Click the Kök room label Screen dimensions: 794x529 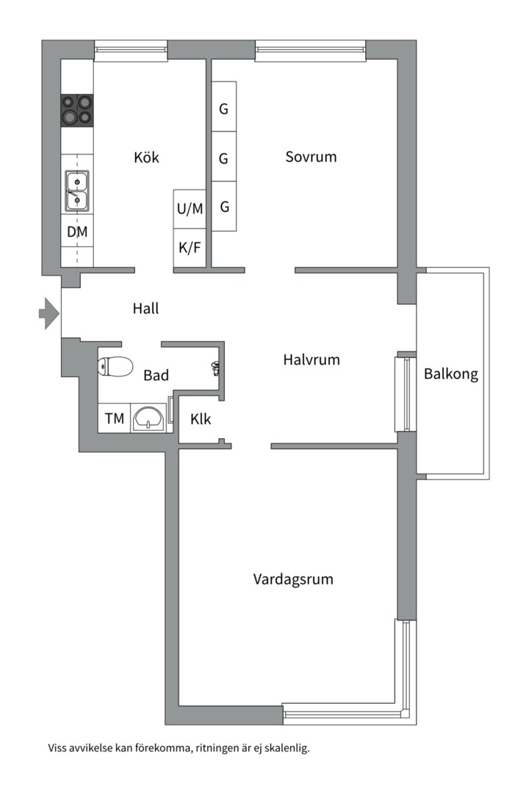click(x=146, y=157)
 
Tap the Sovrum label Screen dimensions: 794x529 click(x=311, y=157)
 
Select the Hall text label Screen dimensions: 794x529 click(x=145, y=309)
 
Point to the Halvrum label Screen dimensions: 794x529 click(x=311, y=360)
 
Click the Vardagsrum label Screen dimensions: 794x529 click(x=293, y=579)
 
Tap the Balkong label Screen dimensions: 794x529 click(x=450, y=374)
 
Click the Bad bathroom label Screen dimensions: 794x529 click(x=156, y=376)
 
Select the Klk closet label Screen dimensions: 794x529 click(x=201, y=420)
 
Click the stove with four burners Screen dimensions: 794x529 click(x=77, y=110)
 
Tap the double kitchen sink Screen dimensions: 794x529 click(x=76, y=189)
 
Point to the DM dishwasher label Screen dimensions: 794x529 click(x=77, y=232)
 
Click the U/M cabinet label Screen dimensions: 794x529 click(x=190, y=209)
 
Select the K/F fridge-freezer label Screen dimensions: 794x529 click(x=190, y=248)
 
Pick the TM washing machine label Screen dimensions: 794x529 click(x=114, y=419)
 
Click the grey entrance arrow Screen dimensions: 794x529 click(x=48, y=313)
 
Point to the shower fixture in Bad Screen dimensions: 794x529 click(x=215, y=368)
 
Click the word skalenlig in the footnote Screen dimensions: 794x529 click(x=283, y=749)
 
